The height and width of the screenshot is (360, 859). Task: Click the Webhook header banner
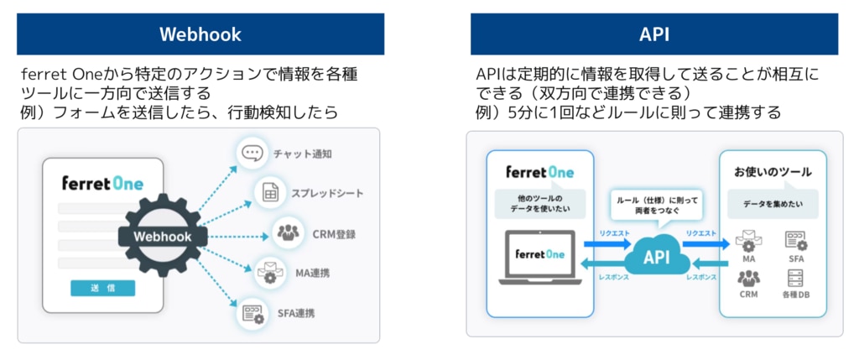click(x=200, y=34)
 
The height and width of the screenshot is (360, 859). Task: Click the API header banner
click(x=653, y=34)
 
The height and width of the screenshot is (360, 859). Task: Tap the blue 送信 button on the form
click(x=102, y=288)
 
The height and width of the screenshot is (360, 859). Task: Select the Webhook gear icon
click(x=163, y=236)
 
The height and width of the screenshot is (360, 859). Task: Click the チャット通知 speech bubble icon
click(x=252, y=154)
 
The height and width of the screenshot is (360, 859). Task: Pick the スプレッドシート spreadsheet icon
click(x=270, y=194)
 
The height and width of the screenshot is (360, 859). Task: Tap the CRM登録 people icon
click(x=288, y=232)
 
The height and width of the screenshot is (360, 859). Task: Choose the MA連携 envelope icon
click(x=270, y=273)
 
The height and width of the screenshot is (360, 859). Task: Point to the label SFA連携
click(x=296, y=313)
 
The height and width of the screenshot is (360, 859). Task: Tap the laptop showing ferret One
click(x=540, y=257)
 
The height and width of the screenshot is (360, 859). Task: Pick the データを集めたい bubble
click(x=772, y=203)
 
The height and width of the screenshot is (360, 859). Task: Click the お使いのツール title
click(x=773, y=172)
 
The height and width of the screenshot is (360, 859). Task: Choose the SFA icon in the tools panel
click(x=795, y=240)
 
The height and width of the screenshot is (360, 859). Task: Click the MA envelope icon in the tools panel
click(x=748, y=241)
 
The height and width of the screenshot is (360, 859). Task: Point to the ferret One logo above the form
click(x=102, y=183)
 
